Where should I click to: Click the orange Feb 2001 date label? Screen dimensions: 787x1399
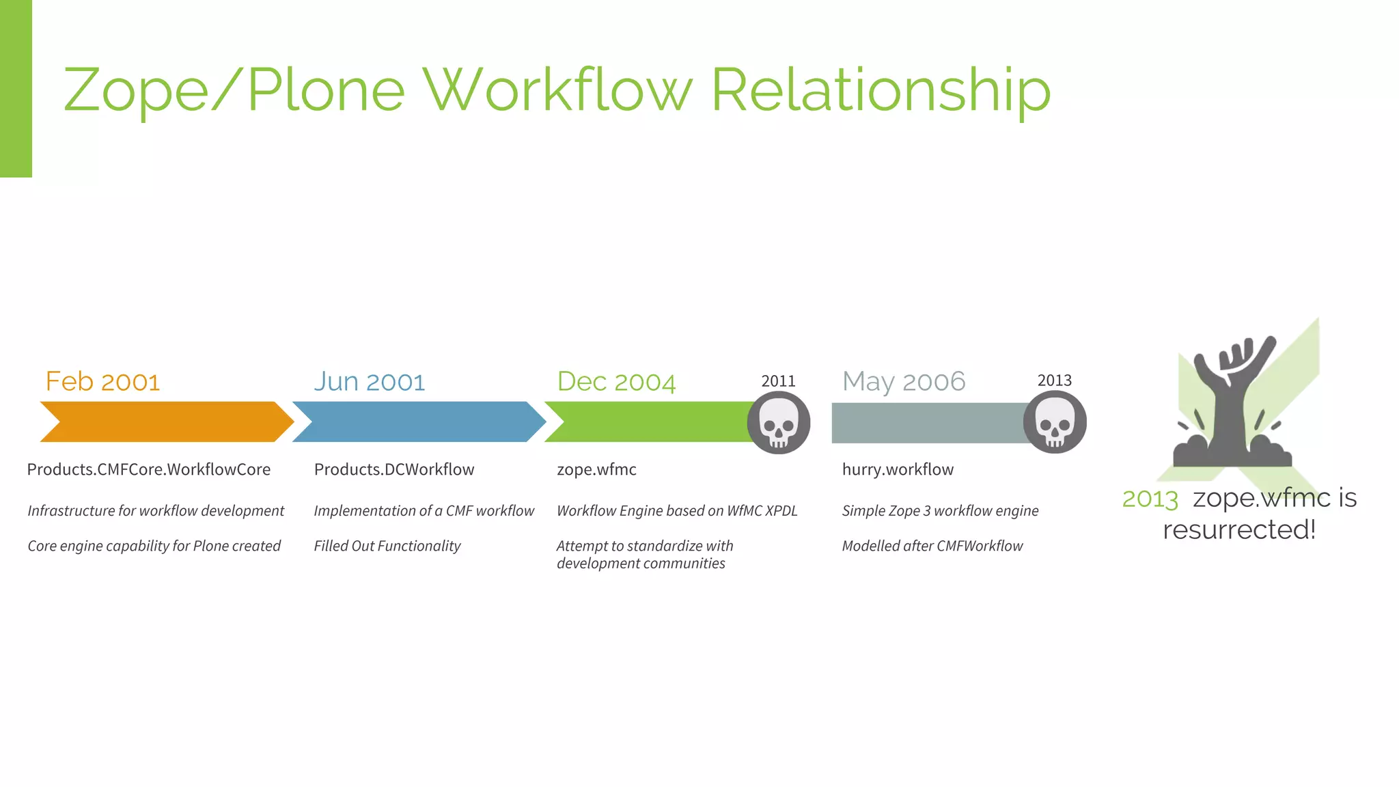(x=102, y=381)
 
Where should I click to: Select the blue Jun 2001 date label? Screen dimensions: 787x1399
(x=370, y=381)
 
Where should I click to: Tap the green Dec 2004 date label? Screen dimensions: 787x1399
(x=616, y=381)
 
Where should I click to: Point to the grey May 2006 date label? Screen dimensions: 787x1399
(x=904, y=381)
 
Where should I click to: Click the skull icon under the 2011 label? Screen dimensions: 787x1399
(x=779, y=423)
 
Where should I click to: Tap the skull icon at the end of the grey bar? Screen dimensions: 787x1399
(x=1055, y=423)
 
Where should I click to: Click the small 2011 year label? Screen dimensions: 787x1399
(x=779, y=381)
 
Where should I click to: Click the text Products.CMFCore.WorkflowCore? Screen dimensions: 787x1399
(x=149, y=469)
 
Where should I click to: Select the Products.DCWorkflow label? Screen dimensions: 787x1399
(x=394, y=469)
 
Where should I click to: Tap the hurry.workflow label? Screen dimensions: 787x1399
(x=898, y=469)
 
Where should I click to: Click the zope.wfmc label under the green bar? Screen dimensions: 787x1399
(x=596, y=469)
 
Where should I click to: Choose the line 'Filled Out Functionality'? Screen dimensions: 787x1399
(x=387, y=546)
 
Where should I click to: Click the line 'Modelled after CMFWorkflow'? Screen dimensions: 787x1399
(x=932, y=546)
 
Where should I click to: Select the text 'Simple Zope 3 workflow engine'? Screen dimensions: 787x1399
(x=940, y=511)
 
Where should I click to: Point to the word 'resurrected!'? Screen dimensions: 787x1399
(x=1239, y=529)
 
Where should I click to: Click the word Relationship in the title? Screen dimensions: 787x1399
(x=881, y=90)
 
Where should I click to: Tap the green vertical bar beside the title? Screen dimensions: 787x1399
(x=16, y=89)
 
